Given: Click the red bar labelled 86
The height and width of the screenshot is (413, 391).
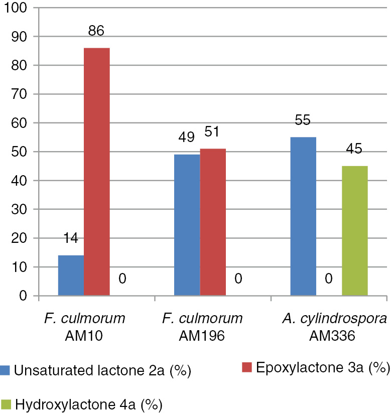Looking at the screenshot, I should (x=96, y=172).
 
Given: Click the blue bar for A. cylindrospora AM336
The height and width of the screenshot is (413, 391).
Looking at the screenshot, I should (x=303, y=217).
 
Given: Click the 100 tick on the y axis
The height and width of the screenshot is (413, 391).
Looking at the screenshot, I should (x=18, y=8).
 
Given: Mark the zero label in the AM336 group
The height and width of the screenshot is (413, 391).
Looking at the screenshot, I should (x=329, y=278).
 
